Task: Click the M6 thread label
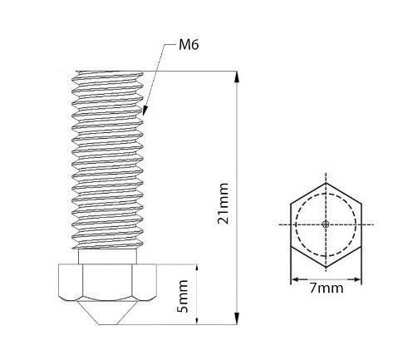(x=189, y=45)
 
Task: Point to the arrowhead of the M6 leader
(x=143, y=113)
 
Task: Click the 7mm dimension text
(x=327, y=288)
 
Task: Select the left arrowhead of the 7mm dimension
(x=293, y=279)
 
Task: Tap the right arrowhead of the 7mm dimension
(x=360, y=279)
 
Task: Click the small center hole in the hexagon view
(x=327, y=224)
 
